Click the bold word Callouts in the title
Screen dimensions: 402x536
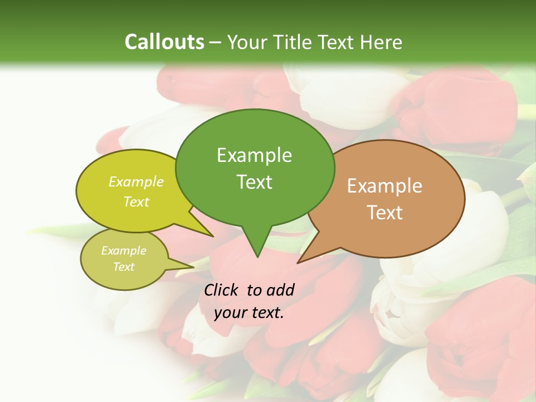(x=164, y=42)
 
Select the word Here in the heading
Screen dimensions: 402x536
(x=381, y=42)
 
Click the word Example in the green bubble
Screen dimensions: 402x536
(x=254, y=155)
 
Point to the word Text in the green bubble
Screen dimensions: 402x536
(x=254, y=182)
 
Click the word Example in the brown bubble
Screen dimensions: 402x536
(x=385, y=186)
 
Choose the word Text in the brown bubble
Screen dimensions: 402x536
(x=385, y=213)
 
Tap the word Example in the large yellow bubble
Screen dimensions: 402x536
(x=136, y=182)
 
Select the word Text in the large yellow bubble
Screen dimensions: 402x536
(x=136, y=202)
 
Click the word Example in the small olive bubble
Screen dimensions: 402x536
(x=123, y=251)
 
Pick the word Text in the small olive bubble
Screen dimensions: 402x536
(x=123, y=267)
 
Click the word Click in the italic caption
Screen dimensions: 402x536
(x=221, y=290)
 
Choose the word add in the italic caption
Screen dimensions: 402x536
(x=280, y=290)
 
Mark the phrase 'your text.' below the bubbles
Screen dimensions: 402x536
(x=249, y=313)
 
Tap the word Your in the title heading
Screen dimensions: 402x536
(x=247, y=42)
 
